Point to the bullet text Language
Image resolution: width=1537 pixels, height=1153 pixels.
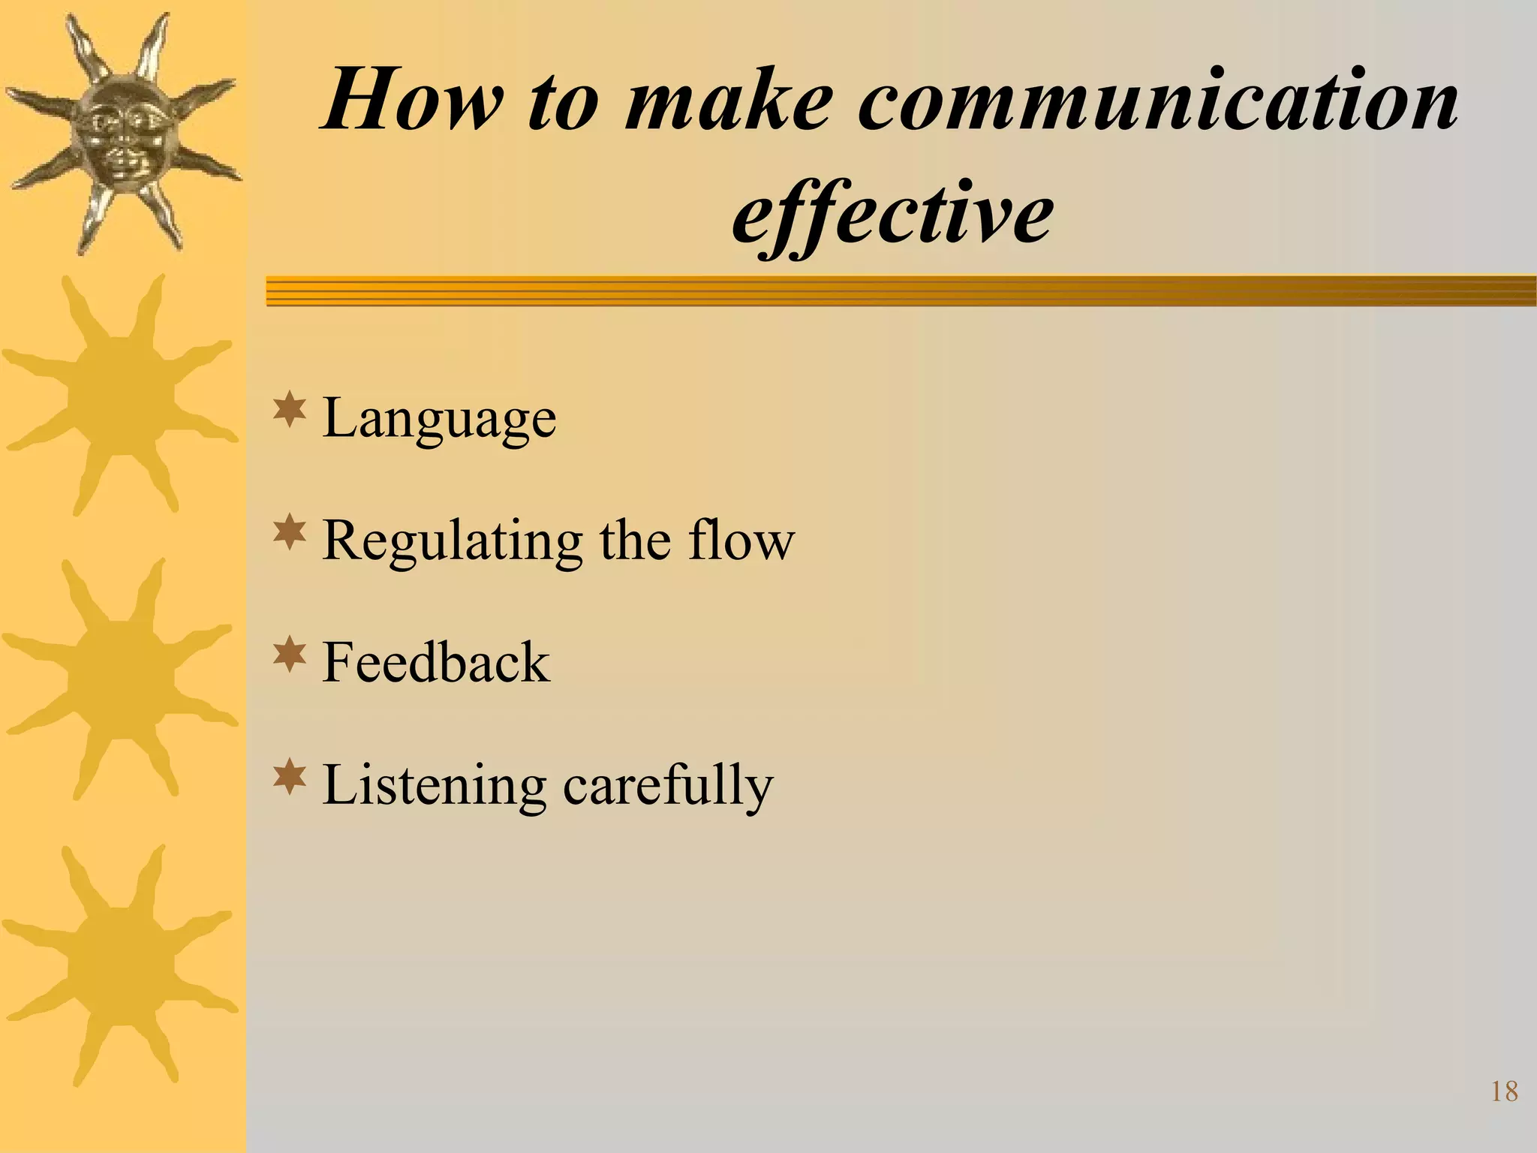click(439, 418)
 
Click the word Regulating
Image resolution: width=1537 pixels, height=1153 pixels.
click(452, 541)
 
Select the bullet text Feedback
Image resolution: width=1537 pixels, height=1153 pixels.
click(436, 662)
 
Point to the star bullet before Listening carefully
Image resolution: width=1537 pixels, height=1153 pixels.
click(289, 778)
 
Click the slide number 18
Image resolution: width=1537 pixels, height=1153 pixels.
click(1504, 1091)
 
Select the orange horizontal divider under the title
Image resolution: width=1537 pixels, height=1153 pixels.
click(901, 291)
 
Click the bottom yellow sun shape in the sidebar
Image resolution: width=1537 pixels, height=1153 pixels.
click(120, 965)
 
